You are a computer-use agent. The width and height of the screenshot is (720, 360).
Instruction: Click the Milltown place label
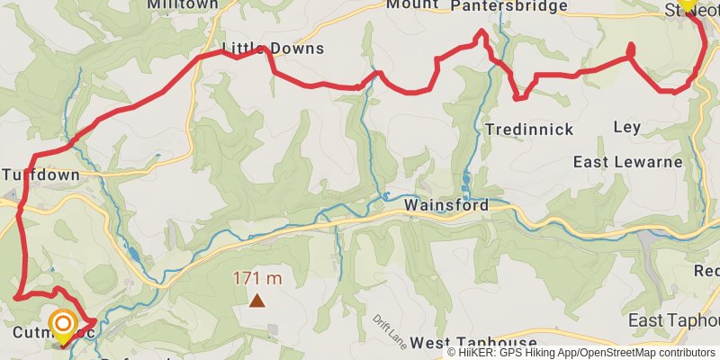click(x=183, y=4)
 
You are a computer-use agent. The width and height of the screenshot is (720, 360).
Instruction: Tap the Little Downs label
click(x=273, y=49)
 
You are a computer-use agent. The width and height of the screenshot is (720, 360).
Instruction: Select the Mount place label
click(x=412, y=4)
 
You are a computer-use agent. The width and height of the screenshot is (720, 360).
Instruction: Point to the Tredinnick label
click(x=529, y=130)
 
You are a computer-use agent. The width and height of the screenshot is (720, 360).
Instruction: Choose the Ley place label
click(x=626, y=127)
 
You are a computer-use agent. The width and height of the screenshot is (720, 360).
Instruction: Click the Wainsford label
click(x=446, y=205)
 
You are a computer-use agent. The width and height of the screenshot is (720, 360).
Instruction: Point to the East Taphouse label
click(x=673, y=321)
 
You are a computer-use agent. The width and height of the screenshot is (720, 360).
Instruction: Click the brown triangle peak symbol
click(x=257, y=301)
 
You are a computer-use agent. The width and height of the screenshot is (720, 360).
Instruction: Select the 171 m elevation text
click(x=257, y=278)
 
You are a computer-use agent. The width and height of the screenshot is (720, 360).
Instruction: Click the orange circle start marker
click(x=63, y=324)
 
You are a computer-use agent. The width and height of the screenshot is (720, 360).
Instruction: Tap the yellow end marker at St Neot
click(x=687, y=4)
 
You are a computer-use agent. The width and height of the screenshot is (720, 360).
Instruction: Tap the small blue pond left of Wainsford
click(x=384, y=195)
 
